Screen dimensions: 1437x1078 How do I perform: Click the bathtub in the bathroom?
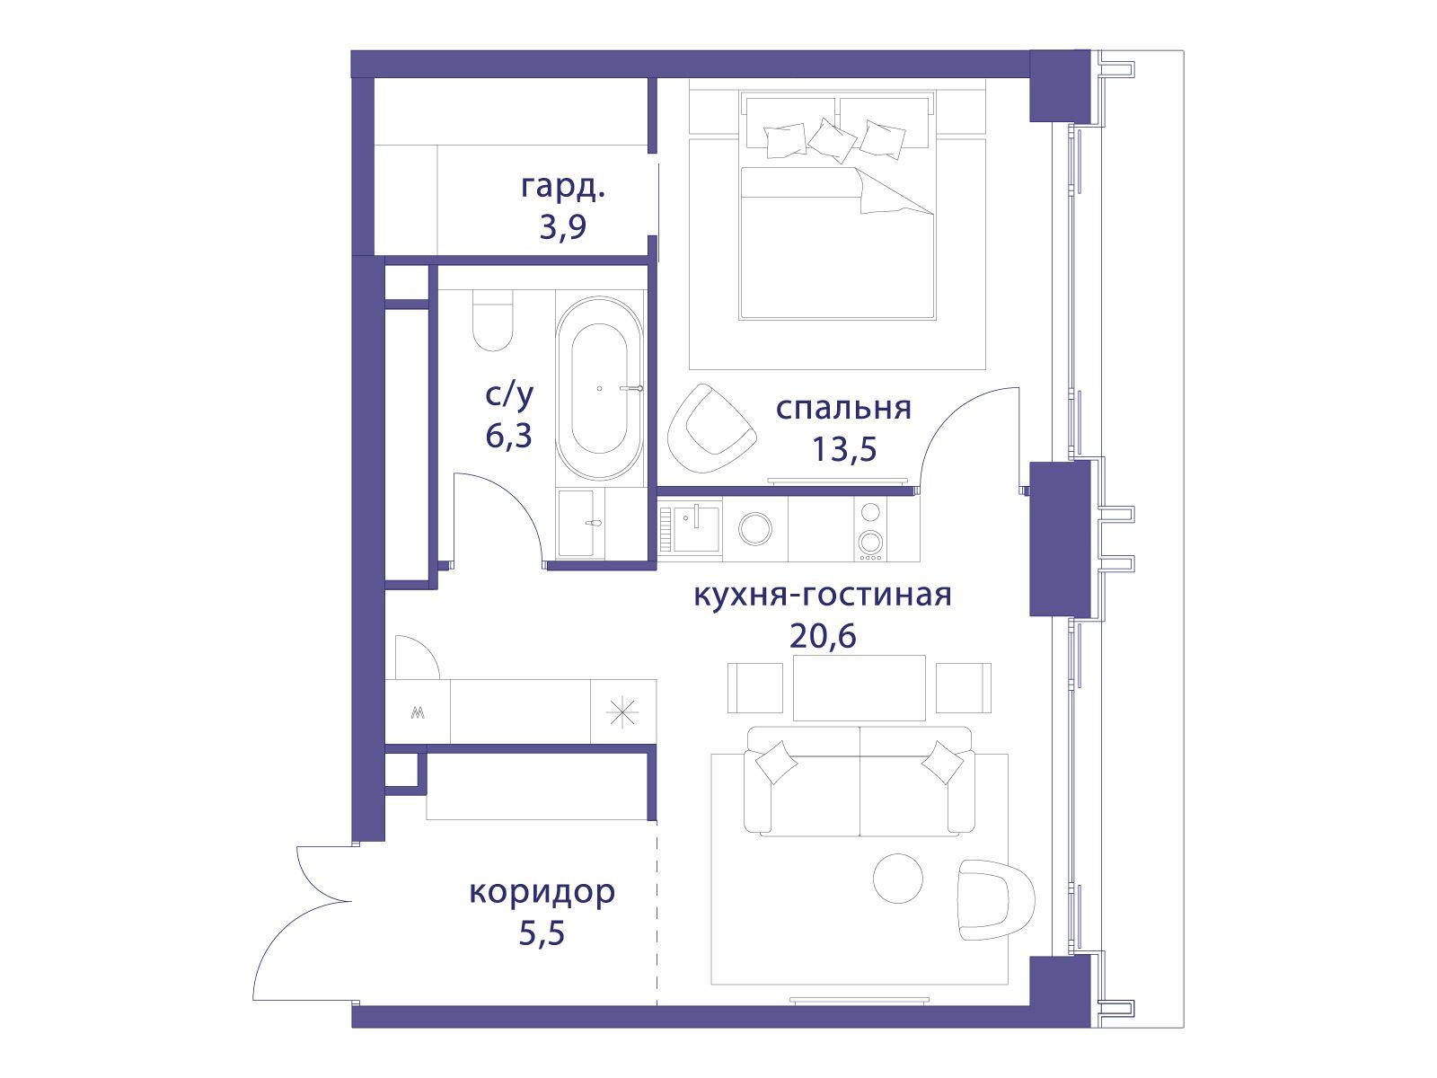[599, 388]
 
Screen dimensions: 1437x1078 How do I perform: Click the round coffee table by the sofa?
[898, 879]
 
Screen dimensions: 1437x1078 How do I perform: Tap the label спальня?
[843, 408]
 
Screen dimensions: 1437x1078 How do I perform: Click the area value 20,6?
[823, 635]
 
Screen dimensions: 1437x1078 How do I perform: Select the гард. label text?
[563, 187]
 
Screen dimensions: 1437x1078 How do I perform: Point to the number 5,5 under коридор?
[542, 932]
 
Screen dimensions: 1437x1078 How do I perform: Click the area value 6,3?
[508, 436]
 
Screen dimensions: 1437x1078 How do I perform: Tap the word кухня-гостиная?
[823, 596]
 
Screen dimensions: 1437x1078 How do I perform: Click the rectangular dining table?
[859, 687]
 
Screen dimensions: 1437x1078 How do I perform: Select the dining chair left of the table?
[754, 688]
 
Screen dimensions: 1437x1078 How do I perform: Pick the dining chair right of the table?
[963, 688]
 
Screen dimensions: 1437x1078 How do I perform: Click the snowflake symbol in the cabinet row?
[622, 712]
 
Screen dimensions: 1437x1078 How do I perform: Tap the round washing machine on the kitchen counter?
[754, 527]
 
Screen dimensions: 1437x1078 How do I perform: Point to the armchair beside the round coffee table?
[995, 900]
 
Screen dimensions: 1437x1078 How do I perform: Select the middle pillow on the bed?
[832, 140]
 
